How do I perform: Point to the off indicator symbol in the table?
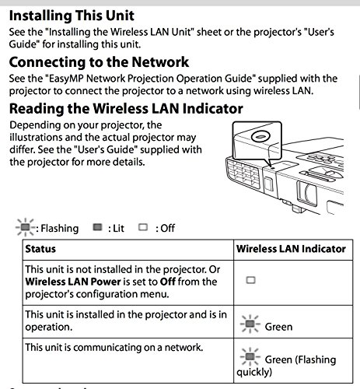pos(250,278)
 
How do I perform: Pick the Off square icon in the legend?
pos(142,228)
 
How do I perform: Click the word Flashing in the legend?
pos(61,228)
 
